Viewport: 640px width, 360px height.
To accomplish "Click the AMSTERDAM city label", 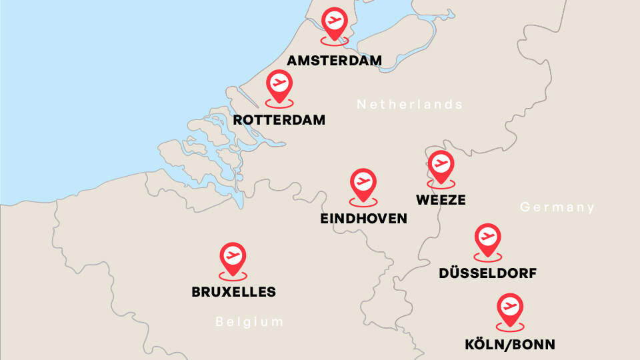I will click(x=334, y=61).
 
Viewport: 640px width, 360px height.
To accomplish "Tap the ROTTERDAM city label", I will click(x=279, y=121).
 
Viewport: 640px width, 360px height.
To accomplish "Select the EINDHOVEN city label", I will click(x=363, y=219).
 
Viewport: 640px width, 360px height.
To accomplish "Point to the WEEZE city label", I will click(x=440, y=200).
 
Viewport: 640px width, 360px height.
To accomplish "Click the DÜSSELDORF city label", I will click(x=488, y=273).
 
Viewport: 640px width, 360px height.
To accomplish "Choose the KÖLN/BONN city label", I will click(x=510, y=345).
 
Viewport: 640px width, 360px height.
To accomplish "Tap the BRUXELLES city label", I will click(x=233, y=292).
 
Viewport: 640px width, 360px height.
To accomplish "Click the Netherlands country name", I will click(x=409, y=105).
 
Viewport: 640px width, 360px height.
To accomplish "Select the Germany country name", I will click(x=557, y=207).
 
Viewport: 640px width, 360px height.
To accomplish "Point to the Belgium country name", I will click(x=249, y=322).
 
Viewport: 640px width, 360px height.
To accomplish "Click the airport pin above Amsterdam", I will click(x=334, y=21).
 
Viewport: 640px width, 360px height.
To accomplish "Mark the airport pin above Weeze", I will click(x=441, y=164).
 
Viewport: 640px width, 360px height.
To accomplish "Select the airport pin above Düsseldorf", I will click(x=488, y=237).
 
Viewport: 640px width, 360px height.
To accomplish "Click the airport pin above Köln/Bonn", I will click(x=510, y=308).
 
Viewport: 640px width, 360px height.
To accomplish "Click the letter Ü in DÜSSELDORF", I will click(x=456, y=273).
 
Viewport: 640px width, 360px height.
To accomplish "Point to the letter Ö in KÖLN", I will click(x=481, y=344).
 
